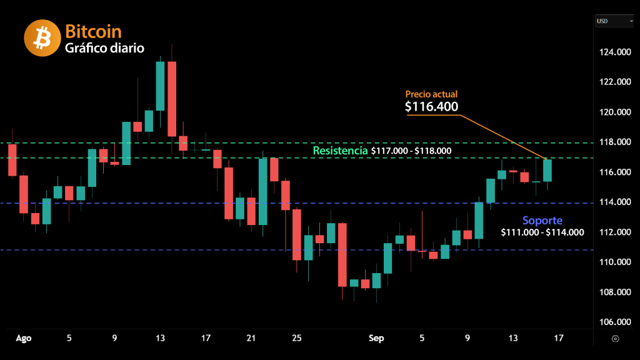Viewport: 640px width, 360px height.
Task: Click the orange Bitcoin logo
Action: click(x=42, y=38)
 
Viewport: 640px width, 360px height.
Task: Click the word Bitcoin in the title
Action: click(x=93, y=31)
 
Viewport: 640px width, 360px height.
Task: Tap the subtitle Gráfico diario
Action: click(x=104, y=47)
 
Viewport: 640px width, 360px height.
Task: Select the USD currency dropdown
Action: click(x=614, y=21)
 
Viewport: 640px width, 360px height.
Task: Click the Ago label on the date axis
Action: click(x=24, y=338)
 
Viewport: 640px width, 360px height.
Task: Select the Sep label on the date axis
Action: click(x=376, y=338)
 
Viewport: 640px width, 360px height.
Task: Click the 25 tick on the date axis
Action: click(x=296, y=338)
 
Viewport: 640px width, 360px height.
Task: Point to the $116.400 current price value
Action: click(x=431, y=107)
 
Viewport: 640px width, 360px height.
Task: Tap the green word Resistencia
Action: click(x=340, y=151)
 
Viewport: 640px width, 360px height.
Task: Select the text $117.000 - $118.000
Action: click(x=411, y=151)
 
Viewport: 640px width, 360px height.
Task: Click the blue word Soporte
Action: click(x=542, y=221)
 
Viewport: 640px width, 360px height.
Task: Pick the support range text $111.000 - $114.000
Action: click(x=542, y=232)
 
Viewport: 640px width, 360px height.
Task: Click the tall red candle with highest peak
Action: click(x=171, y=99)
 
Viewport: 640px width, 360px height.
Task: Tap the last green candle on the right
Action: click(x=547, y=170)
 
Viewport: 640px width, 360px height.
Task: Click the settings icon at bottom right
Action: click(x=616, y=338)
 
